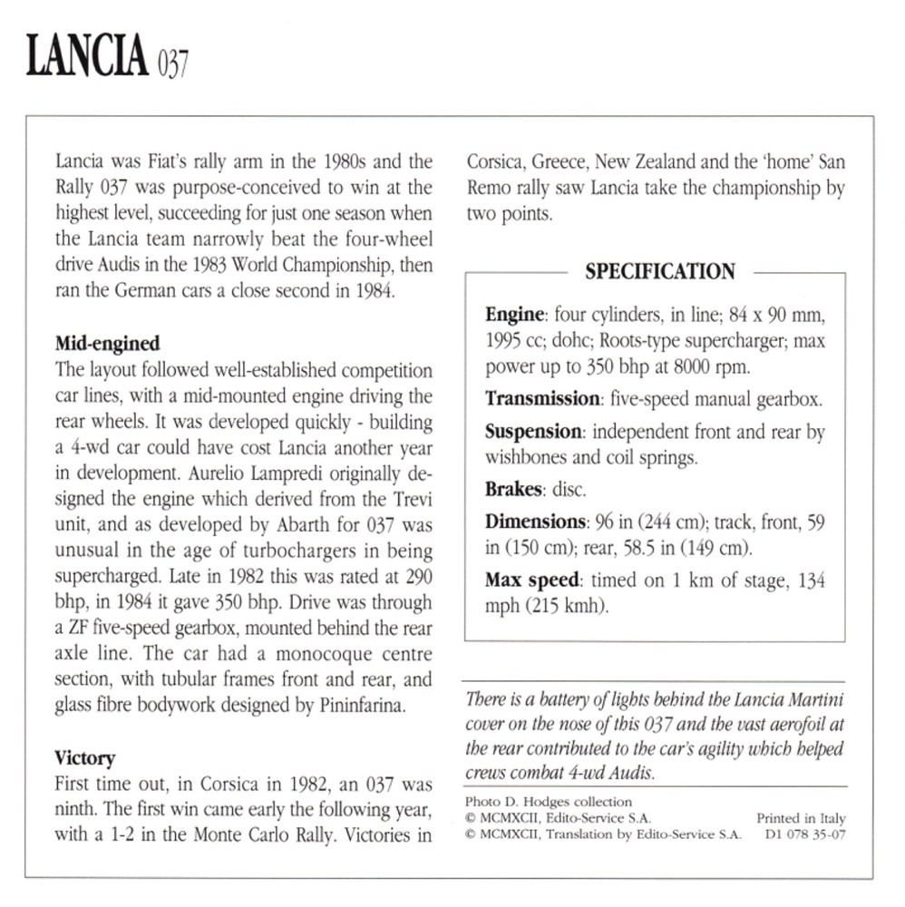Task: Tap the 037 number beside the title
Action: (171, 67)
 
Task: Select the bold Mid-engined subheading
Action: (108, 343)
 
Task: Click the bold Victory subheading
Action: (85, 756)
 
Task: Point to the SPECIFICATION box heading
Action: (659, 271)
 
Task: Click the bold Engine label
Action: (514, 316)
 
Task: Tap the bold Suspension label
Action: (533, 432)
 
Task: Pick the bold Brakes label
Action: (513, 490)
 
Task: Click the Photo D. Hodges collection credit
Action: (547, 802)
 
